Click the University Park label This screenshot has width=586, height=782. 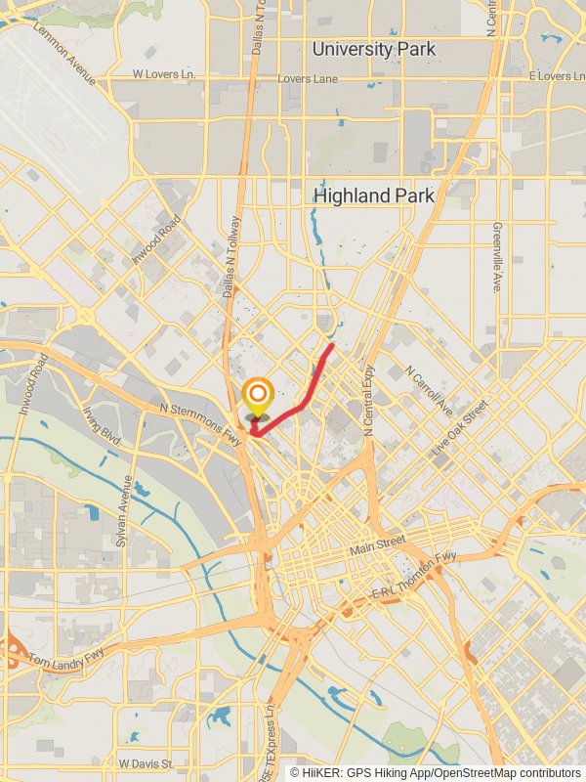(373, 49)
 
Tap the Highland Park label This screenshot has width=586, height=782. (373, 195)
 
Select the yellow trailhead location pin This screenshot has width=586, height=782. (257, 398)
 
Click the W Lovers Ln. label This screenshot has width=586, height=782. (164, 74)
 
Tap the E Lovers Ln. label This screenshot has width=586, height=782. (556, 75)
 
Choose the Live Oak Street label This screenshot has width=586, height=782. (460, 423)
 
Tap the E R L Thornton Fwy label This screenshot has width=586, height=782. (414, 577)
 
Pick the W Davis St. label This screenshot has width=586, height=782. (146, 763)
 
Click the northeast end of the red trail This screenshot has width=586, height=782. (332, 345)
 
